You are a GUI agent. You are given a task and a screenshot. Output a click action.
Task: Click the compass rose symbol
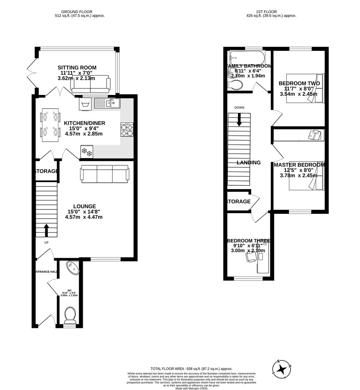point(282,369)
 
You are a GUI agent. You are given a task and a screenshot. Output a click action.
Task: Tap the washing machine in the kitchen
point(85,104)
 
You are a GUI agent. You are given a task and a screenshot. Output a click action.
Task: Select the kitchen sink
point(107,103)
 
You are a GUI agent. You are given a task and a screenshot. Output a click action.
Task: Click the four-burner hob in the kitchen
point(127,130)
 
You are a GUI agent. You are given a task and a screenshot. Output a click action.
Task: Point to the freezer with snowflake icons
point(87,152)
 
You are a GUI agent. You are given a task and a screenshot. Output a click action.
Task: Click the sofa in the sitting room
point(90,85)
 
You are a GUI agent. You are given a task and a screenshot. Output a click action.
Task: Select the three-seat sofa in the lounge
point(104,174)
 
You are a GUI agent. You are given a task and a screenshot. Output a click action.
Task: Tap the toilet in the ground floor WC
point(69,315)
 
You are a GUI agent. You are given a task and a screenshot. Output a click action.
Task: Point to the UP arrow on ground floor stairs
point(47,230)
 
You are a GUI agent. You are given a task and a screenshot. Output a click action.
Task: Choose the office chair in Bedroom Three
point(250,256)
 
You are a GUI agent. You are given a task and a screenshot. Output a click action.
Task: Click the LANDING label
point(248,162)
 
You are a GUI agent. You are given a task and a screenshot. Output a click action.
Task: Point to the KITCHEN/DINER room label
point(85,123)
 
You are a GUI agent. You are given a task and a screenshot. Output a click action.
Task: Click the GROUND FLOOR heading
point(76,12)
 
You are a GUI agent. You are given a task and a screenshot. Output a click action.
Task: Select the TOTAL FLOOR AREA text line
point(192,368)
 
